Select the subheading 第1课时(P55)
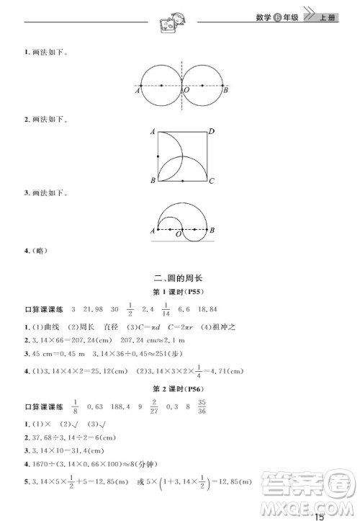coord(179,293)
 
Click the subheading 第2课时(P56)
coord(179,389)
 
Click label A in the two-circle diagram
coord(137,91)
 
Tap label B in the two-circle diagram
coord(226,90)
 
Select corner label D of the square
coord(211,132)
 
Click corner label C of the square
coord(212,181)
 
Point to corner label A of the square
coord(153,132)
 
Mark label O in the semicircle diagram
coord(179,233)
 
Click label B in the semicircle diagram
coord(212,230)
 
